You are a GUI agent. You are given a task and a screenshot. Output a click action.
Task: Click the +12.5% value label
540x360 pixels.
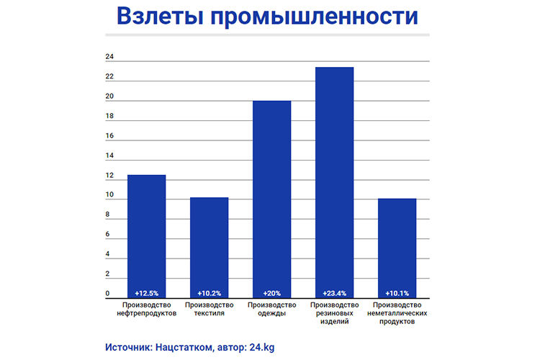[146, 293]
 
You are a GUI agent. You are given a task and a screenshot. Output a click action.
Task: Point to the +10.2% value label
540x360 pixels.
[209, 293]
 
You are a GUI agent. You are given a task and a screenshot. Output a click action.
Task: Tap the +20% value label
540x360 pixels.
[271, 293]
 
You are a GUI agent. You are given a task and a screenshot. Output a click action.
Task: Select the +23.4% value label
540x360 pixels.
[334, 293]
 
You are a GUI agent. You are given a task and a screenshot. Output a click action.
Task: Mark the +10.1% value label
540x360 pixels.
[397, 293]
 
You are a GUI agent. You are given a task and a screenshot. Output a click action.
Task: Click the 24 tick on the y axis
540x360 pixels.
[109, 56]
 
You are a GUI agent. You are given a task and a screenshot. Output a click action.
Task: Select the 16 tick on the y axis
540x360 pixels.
[109, 135]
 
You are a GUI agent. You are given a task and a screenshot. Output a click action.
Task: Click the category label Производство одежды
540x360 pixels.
[271, 309]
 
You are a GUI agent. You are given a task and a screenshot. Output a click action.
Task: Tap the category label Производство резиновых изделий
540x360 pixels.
[334, 313]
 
